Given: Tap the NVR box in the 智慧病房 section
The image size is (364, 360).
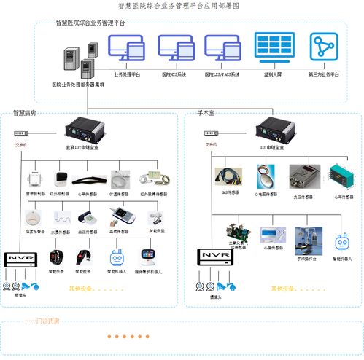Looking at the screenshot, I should click(20, 259).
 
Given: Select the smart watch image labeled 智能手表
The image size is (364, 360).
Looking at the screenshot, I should click(57, 257).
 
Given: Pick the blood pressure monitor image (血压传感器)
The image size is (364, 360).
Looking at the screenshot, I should click(88, 217).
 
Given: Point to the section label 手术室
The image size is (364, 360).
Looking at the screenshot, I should click(208, 114).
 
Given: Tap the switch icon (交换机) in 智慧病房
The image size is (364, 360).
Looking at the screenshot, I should click(22, 135).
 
